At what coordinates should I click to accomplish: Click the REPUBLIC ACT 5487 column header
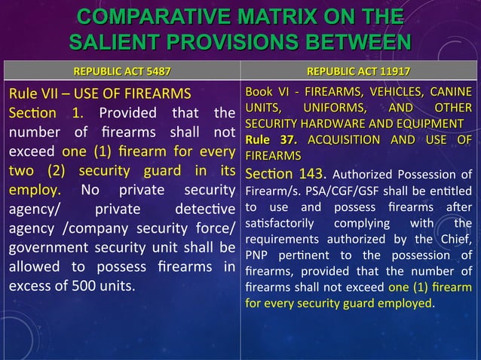tap(121, 72)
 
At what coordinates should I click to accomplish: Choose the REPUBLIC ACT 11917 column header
tap(360, 72)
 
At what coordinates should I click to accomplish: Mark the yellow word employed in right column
tap(406, 304)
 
